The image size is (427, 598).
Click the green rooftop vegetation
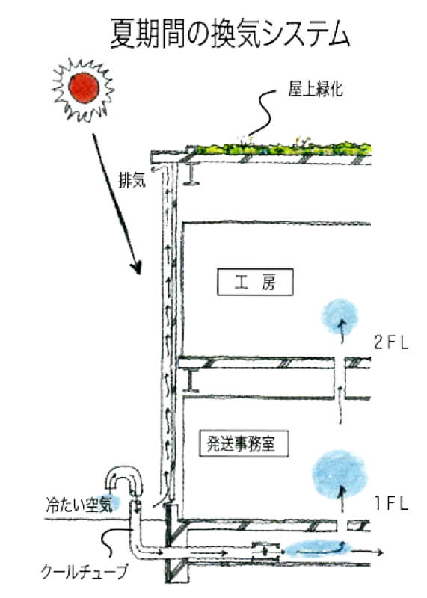click(x=284, y=144)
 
